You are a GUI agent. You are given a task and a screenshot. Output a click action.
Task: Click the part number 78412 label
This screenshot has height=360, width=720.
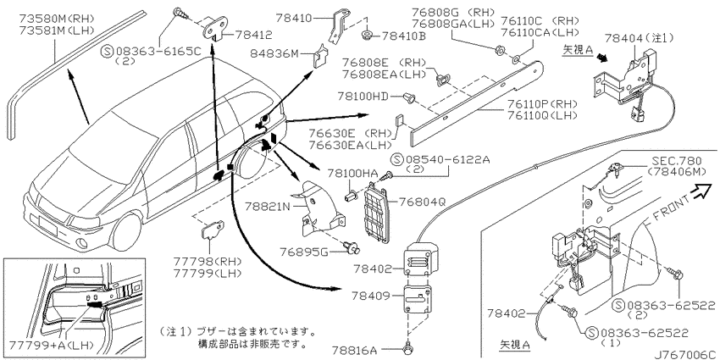253,35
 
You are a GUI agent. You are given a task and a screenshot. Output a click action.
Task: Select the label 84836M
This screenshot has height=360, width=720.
274,55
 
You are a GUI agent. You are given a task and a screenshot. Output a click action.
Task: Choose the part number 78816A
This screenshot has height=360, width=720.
366,351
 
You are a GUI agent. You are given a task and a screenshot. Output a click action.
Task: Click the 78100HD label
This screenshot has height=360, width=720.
363,96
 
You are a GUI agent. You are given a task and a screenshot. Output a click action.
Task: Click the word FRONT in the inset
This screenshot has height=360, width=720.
670,208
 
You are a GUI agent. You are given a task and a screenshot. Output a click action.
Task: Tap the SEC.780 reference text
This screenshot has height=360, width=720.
677,161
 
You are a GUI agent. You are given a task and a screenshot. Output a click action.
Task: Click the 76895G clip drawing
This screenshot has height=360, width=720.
353,249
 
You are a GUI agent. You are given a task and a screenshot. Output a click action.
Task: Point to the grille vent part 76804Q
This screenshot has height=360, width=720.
378,213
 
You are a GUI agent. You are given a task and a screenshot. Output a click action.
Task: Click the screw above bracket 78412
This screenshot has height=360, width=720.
180,14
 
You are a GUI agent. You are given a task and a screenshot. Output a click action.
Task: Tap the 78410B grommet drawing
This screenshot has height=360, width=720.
367,35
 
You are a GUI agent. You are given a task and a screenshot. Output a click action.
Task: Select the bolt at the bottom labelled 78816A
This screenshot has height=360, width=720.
407,350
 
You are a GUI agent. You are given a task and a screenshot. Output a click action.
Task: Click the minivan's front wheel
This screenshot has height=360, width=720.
126,232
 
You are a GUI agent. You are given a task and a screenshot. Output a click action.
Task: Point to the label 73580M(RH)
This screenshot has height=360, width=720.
57,19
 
